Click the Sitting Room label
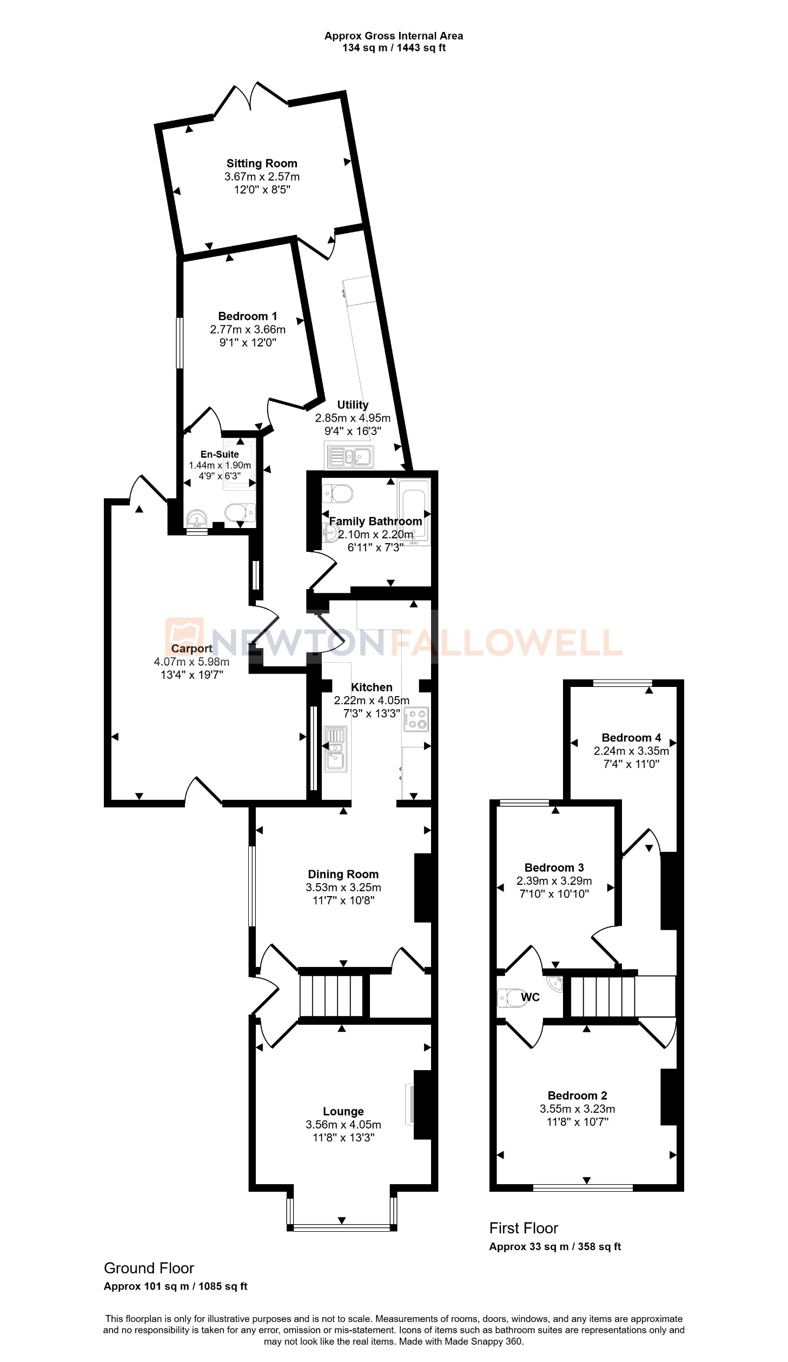coord(262,163)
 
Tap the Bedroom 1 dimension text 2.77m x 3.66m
coord(248,329)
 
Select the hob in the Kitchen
coord(416,719)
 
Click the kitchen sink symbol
coord(335,749)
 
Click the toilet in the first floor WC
coord(511,998)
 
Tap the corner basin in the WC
coord(555,983)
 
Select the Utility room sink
coord(349,457)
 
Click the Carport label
coord(191,649)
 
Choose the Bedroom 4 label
coord(631,738)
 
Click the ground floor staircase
coord(332,995)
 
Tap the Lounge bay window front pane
coord(342,1228)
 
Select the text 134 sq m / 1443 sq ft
coord(394,48)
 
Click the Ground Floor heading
coord(149,1268)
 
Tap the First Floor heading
coord(524,1228)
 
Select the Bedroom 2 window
coord(583,1187)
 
